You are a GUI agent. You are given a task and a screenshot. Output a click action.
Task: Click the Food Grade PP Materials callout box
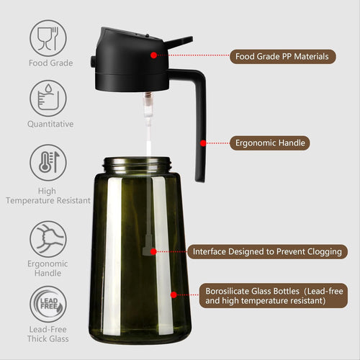point(282,55)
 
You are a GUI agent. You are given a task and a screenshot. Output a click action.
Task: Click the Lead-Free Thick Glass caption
point(48,333)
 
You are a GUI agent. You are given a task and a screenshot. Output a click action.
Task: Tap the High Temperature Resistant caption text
point(48,196)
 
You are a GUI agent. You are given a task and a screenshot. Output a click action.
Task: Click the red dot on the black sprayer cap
point(153,55)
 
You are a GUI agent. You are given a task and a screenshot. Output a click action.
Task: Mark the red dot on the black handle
point(204,143)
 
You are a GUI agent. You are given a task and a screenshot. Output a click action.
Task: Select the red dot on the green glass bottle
point(173,294)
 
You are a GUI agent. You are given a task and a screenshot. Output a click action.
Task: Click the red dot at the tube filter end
point(154,252)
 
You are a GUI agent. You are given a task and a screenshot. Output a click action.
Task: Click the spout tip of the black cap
point(189,39)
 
